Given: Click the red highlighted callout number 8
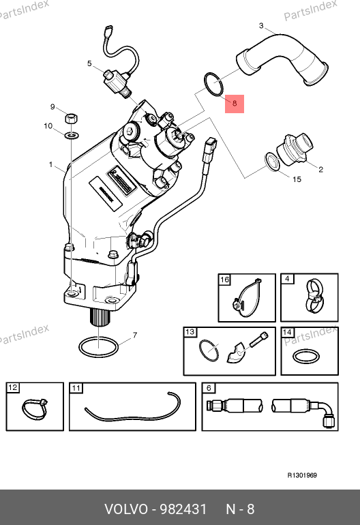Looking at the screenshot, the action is [x=235, y=104].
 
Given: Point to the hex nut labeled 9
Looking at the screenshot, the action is [x=71, y=119].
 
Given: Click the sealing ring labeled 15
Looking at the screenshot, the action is [x=266, y=161].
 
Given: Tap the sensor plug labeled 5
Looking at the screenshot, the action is [x=117, y=83].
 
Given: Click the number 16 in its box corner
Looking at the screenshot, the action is [x=225, y=280].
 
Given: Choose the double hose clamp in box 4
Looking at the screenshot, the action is [x=315, y=295].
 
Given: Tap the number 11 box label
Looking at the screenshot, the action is [x=76, y=388].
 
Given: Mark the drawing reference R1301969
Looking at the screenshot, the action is [x=302, y=475].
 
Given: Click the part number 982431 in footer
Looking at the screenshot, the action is [x=183, y=509].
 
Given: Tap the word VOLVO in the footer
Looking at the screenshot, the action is [x=126, y=509].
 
